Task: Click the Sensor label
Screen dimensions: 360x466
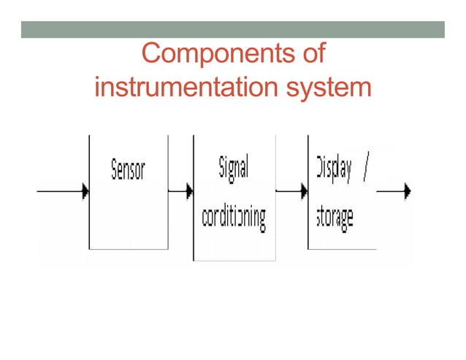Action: pos(128,170)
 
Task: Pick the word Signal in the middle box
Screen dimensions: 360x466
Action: pos(234,169)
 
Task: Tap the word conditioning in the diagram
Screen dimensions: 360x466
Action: pos(234,217)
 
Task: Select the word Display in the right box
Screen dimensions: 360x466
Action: pos(333,169)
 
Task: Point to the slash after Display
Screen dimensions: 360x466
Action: pos(366,169)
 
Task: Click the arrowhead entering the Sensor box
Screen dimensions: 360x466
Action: pos(85,192)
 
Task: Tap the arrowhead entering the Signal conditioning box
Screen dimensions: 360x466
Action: pos(189,192)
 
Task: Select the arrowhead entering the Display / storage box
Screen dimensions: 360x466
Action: pos(304,192)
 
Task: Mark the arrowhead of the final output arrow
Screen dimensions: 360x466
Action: pos(408,192)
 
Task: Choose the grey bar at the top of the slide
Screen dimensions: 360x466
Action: pos(232,28)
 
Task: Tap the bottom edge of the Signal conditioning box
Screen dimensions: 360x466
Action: pos(234,260)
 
